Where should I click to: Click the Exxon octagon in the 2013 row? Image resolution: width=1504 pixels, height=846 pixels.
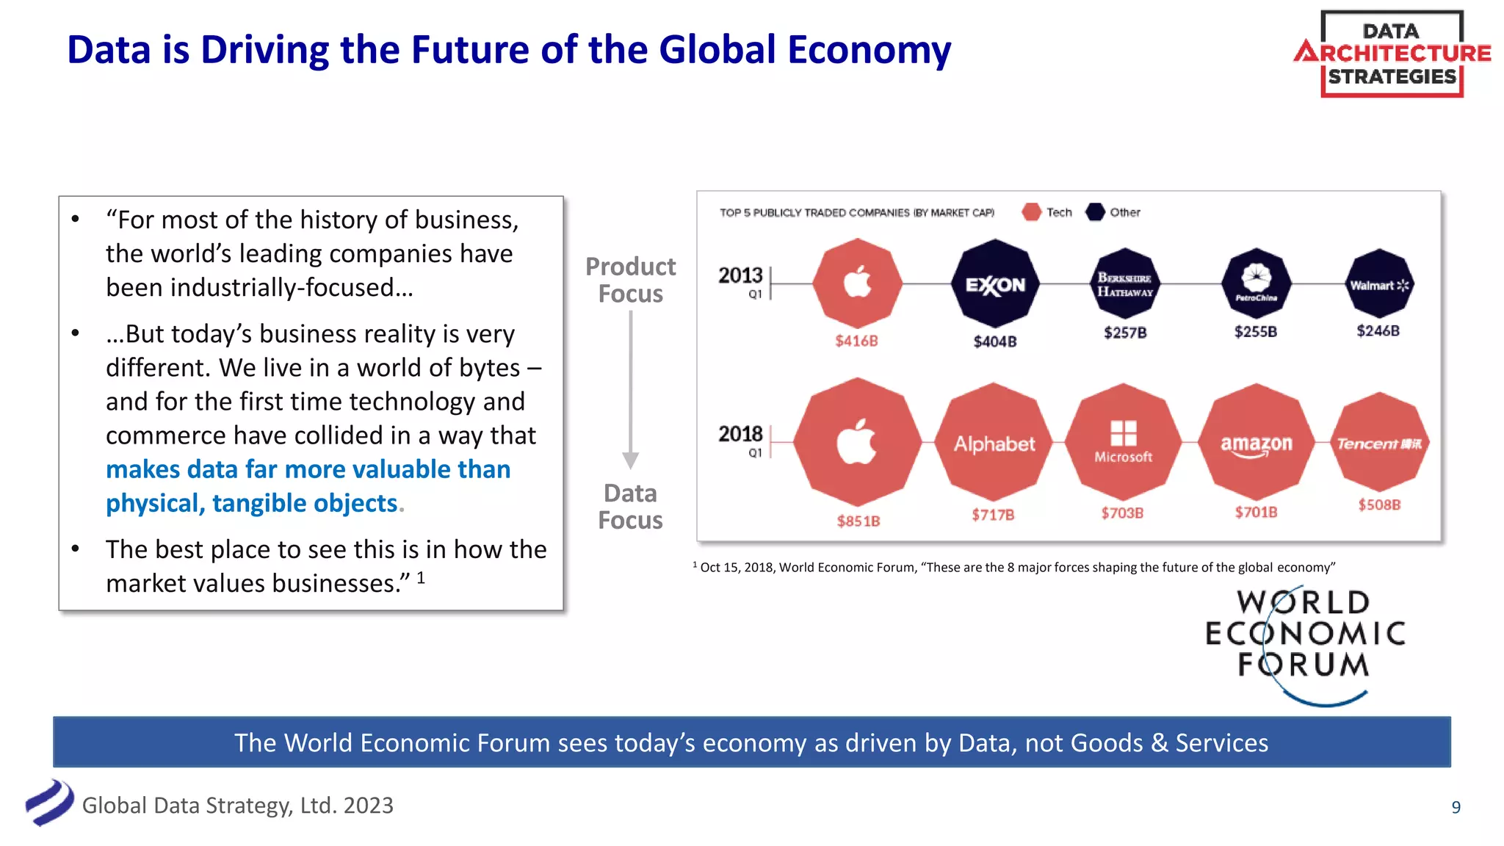point(994,283)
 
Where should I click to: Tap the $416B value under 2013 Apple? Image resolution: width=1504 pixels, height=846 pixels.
point(856,341)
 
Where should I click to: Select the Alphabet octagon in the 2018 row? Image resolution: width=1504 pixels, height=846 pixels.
point(994,443)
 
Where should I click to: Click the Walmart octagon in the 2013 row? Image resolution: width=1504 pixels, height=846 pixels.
point(1379,284)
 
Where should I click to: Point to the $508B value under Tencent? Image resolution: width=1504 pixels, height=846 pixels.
point(1379,505)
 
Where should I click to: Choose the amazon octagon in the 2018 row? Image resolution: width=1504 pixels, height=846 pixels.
point(1256,443)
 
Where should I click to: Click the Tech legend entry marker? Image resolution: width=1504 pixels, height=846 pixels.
point(1031,212)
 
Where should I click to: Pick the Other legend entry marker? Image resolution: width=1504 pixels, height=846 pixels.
point(1095,212)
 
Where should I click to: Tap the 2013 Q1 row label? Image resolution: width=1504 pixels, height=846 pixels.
point(742,281)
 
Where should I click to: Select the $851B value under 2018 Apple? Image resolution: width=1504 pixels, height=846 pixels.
point(858,521)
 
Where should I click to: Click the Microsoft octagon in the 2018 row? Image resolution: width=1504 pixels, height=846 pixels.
point(1123,441)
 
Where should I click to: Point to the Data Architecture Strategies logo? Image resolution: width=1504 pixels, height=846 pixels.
point(1392,54)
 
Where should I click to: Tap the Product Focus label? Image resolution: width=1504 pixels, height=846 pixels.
point(630,280)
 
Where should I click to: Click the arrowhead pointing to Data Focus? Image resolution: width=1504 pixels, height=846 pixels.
point(630,460)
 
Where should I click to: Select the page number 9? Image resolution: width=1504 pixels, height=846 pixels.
point(1456,807)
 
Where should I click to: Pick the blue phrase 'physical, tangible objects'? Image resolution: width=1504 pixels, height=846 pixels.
point(251,503)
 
